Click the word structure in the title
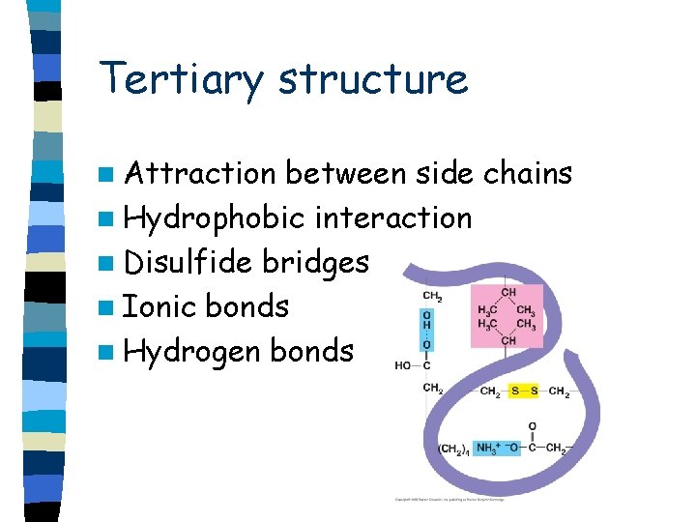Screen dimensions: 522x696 (x=373, y=80)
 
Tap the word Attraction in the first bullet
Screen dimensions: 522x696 (x=200, y=174)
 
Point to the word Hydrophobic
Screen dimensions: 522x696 (x=215, y=218)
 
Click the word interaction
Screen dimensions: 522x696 (x=393, y=218)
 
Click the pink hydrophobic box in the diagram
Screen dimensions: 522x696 (x=507, y=316)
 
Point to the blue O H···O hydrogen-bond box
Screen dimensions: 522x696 (x=427, y=330)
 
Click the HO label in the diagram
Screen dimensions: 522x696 (x=404, y=365)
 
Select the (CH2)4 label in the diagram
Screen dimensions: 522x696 (x=452, y=449)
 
